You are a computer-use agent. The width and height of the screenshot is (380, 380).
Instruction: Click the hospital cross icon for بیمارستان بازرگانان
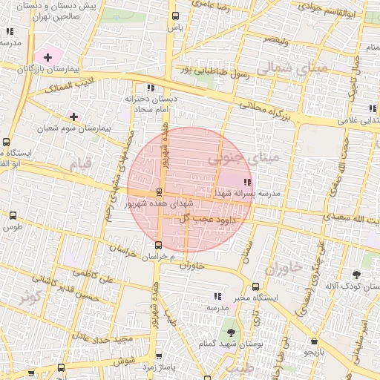[x=48, y=56]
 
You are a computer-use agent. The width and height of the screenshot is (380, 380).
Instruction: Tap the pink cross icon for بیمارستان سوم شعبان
[x=73, y=116]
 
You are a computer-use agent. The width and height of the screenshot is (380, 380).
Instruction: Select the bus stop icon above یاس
[x=175, y=16]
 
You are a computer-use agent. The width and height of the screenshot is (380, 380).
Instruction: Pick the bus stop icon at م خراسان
[x=158, y=245]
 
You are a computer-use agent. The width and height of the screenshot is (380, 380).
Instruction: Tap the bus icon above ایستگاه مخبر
[x=256, y=286]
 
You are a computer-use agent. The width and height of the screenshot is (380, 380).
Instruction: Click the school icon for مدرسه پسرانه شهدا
[x=247, y=182]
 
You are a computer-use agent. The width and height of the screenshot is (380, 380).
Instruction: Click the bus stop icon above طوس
[x=12, y=215]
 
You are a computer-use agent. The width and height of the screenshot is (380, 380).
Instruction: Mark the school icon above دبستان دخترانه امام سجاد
[x=152, y=88]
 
